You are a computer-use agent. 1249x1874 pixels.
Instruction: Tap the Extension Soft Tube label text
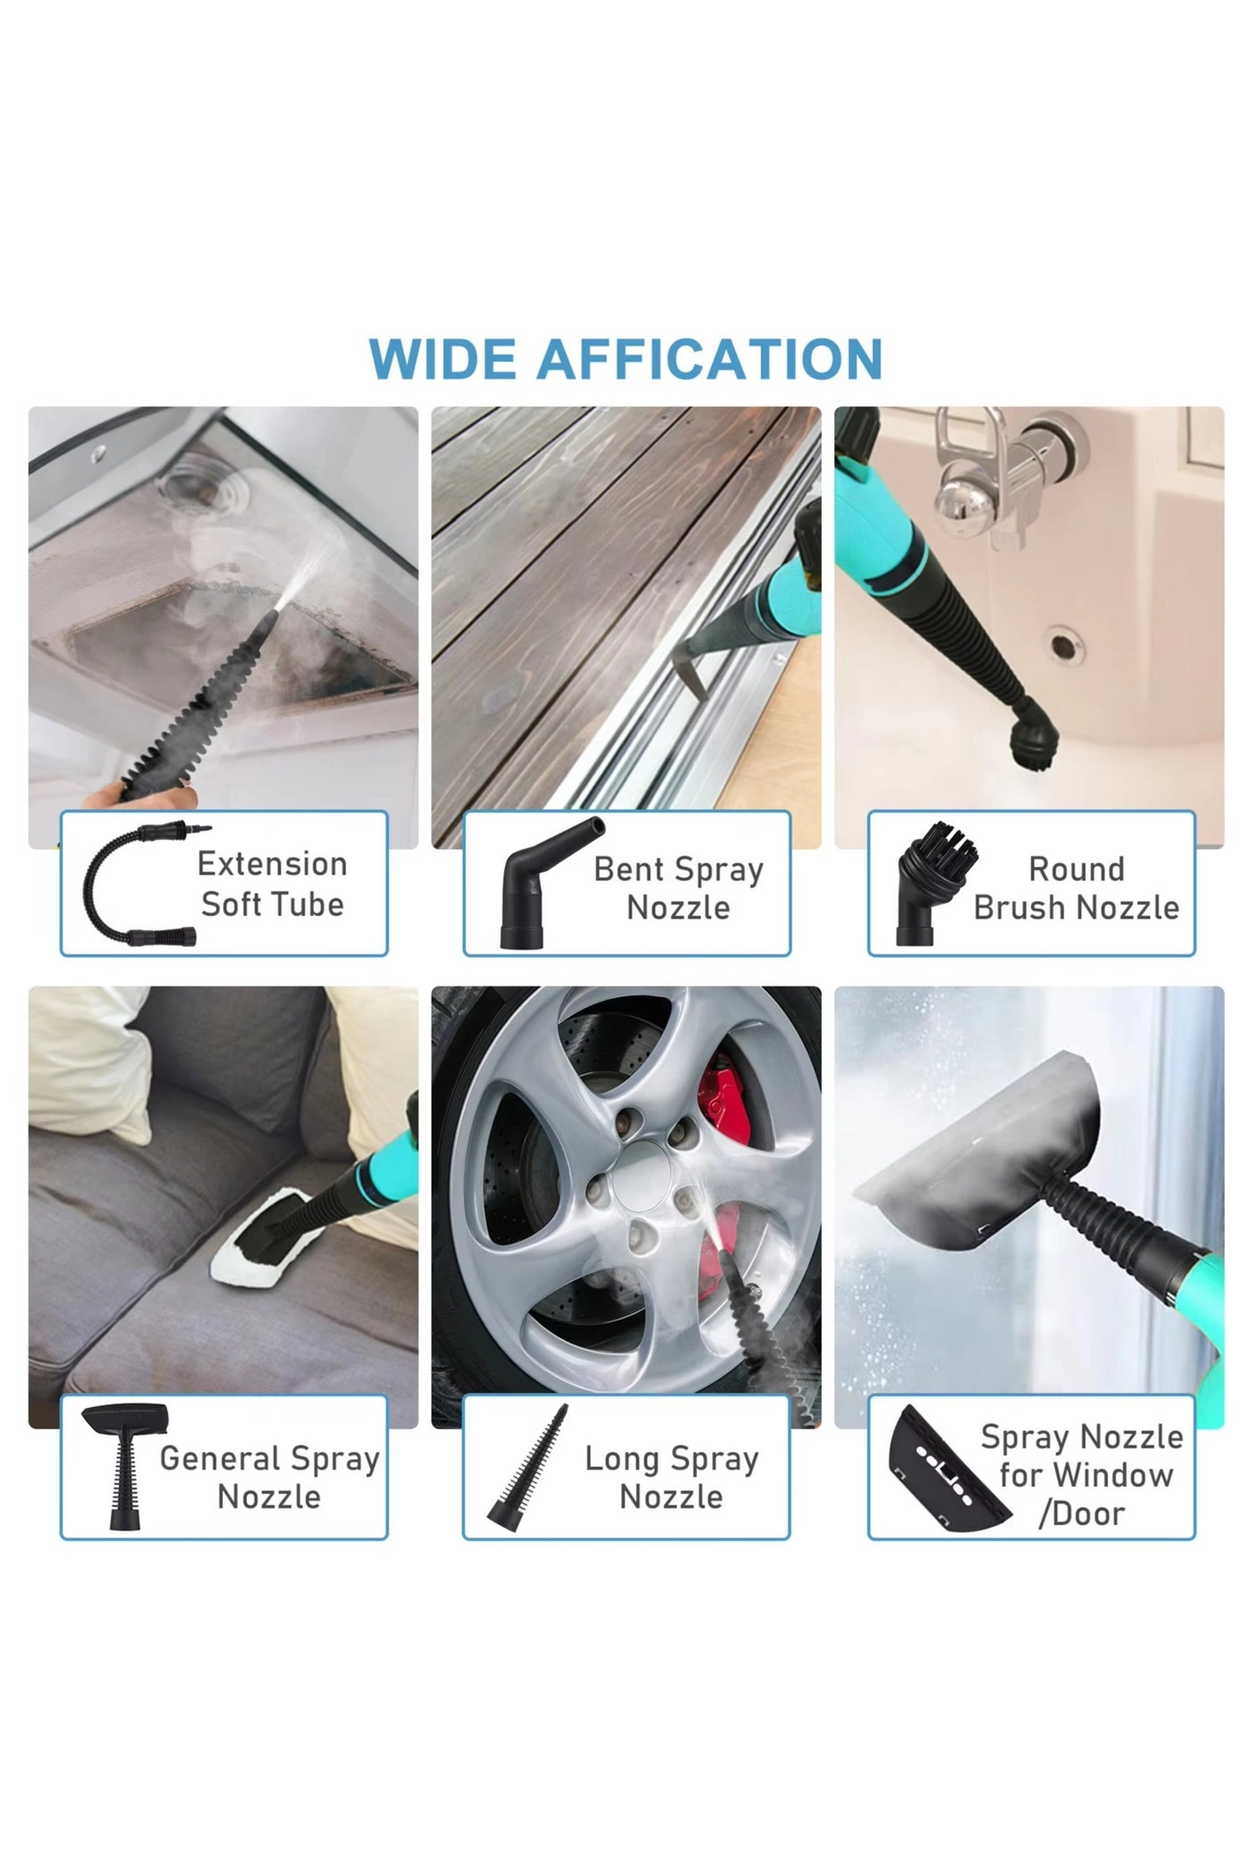[272, 884]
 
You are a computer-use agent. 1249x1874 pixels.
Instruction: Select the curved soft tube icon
[134, 885]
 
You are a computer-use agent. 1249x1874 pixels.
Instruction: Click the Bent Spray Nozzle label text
[678, 887]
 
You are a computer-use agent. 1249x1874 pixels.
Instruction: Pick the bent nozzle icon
[542, 883]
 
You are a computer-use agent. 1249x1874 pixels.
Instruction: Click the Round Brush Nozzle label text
[1076, 887]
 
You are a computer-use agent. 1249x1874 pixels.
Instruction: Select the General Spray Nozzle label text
[269, 1477]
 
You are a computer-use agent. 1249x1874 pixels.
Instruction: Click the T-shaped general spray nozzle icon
[123, 1463]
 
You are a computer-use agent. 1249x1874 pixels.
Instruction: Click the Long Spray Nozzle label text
[671, 1477]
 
